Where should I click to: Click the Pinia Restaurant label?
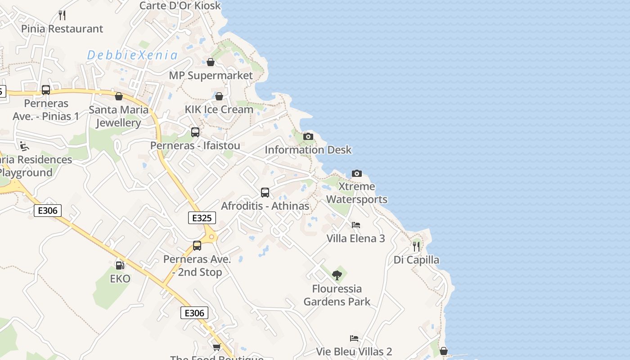(62, 29)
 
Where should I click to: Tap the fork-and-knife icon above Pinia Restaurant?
(62, 15)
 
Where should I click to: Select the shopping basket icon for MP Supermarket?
(210, 62)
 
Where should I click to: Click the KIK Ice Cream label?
(219, 109)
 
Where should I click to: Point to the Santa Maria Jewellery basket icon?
(119, 96)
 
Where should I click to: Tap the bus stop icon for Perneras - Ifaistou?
(195, 132)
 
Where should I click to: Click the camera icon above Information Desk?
(308, 136)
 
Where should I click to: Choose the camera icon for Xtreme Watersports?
(356, 173)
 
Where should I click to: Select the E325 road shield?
(202, 218)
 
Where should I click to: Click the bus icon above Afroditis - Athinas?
(265, 193)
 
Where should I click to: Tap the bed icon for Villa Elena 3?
(356, 225)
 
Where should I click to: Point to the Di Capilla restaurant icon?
(416, 247)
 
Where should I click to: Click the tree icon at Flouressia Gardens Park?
(337, 275)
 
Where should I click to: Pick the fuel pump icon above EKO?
(120, 265)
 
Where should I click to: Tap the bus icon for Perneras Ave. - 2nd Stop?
(197, 246)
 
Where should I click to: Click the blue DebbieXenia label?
(132, 55)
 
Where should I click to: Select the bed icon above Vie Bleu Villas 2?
(354, 338)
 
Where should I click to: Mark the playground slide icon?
(24, 146)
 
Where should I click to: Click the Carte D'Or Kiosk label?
(180, 5)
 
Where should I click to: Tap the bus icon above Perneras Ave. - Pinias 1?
(46, 90)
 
